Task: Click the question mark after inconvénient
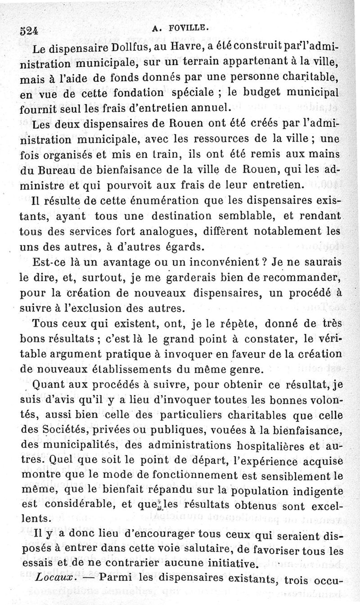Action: coord(265,262)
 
